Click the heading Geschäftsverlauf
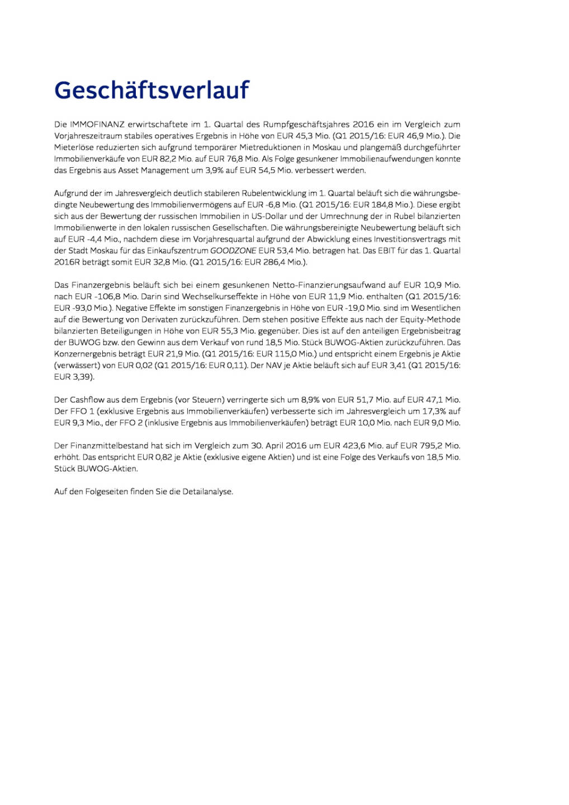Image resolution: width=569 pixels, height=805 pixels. (151, 91)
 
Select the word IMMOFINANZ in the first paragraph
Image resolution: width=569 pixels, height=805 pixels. (97, 125)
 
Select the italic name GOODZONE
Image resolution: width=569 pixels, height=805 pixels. (233, 251)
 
